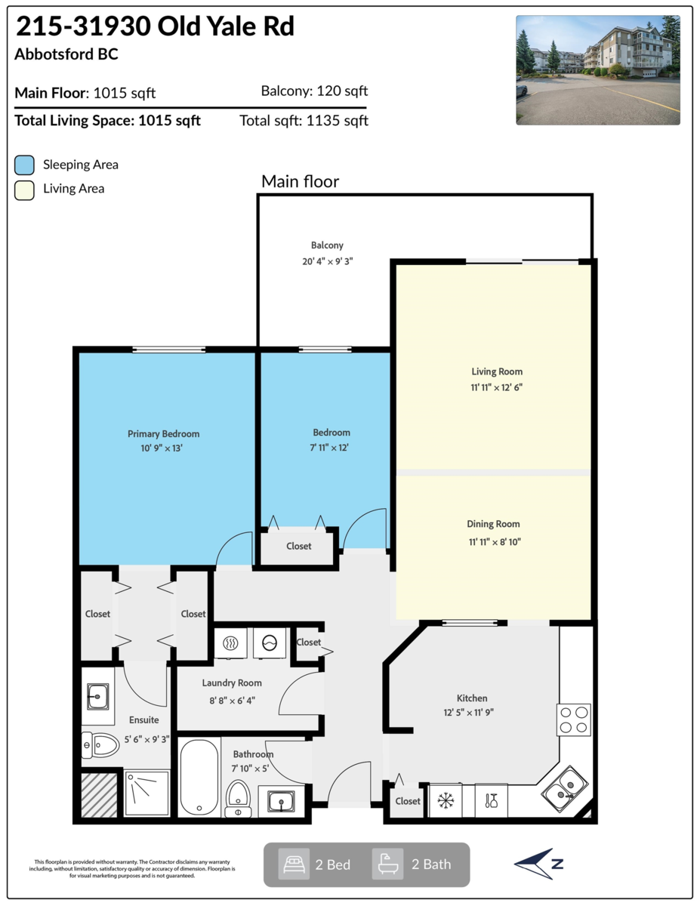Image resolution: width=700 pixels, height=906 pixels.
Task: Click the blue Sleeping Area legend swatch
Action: tap(24, 165)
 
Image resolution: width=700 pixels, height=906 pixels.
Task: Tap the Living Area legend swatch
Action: tap(24, 190)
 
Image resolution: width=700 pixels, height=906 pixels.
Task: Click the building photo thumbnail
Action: tap(597, 70)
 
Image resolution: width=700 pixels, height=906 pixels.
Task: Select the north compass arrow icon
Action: tap(538, 864)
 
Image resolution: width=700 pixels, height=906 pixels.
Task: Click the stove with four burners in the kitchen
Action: tap(574, 720)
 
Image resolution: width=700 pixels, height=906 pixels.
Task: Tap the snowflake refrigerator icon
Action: tap(446, 800)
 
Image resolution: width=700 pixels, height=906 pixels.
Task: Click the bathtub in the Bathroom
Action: tap(199, 778)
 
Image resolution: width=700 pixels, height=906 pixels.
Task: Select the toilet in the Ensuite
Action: tap(100, 745)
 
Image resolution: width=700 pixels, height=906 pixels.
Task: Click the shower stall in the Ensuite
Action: tap(146, 793)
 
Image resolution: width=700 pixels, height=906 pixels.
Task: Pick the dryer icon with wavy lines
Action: tap(230, 643)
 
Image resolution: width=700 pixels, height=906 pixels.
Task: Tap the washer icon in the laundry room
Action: tap(270, 643)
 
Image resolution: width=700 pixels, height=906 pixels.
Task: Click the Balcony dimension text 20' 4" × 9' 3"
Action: tap(327, 261)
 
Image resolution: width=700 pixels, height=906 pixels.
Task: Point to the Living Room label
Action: tap(497, 371)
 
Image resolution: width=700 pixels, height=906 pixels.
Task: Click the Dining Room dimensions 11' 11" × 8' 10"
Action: tap(495, 542)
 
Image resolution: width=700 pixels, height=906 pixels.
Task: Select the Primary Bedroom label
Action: tap(163, 433)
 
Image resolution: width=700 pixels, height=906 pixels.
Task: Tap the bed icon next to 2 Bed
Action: tap(294, 864)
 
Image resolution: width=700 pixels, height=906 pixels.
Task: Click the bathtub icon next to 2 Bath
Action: tap(387, 864)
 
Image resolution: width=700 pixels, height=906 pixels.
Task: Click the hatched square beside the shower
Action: tap(99, 795)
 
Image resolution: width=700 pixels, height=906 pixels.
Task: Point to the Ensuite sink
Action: tap(98, 696)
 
